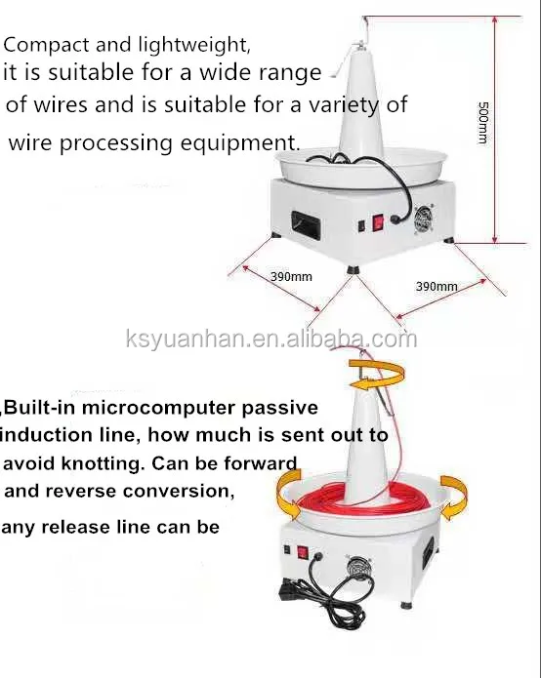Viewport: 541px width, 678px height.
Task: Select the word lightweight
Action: click(194, 45)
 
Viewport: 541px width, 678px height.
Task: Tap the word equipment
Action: click(240, 142)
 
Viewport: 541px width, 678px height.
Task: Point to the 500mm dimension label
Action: click(483, 123)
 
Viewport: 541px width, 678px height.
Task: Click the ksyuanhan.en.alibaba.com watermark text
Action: click(271, 339)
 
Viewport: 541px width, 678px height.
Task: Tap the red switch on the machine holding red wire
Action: click(302, 553)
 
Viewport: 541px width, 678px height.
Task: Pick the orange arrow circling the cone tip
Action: click(377, 373)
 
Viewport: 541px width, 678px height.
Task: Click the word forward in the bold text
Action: click(260, 462)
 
